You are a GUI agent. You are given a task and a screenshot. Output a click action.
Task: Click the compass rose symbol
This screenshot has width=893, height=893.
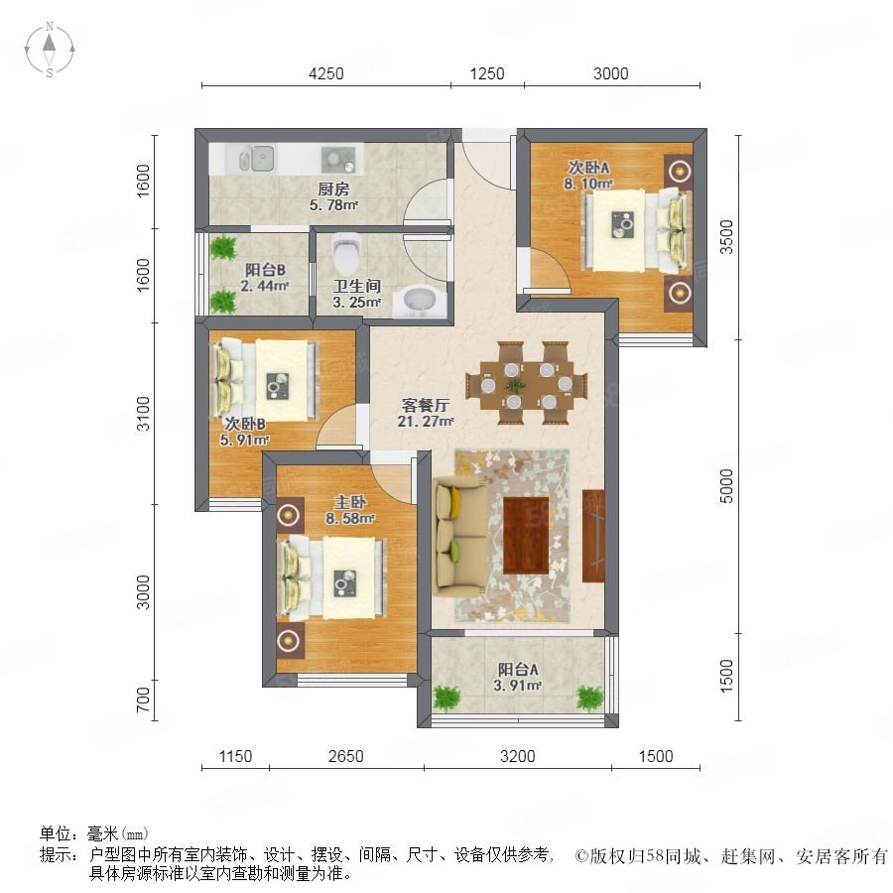50,50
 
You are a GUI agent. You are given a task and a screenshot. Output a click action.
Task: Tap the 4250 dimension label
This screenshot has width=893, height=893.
325,74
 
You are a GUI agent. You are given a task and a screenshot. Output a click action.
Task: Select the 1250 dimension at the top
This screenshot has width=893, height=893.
487,74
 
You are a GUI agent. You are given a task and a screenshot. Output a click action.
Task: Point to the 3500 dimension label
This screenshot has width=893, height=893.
726,237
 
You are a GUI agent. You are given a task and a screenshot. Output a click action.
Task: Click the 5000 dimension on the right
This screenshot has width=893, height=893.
726,486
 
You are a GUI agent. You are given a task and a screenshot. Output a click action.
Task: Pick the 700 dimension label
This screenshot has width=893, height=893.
143,700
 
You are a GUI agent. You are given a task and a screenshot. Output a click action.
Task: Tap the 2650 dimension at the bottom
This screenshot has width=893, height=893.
345,756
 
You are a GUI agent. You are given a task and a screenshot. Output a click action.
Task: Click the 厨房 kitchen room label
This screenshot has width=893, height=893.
333,189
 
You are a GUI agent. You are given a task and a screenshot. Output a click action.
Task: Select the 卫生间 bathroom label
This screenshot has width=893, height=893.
356,286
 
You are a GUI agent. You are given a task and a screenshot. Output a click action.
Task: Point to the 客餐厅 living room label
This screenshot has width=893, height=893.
426,405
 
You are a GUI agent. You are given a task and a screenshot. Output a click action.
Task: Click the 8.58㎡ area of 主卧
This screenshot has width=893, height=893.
350,519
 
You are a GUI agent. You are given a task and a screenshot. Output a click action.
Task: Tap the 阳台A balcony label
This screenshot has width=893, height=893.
518,669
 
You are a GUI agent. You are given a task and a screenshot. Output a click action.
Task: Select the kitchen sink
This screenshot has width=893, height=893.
255,158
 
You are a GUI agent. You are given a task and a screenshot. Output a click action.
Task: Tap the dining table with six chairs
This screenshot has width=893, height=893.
526,383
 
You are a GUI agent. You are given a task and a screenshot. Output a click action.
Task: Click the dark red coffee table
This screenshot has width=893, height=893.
526,536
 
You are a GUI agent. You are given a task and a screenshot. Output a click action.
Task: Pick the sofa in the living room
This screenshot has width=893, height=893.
459,537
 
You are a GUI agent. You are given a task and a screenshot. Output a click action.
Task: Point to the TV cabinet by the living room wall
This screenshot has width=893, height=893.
593,536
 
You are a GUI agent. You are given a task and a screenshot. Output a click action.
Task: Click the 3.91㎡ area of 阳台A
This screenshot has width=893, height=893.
518,686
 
